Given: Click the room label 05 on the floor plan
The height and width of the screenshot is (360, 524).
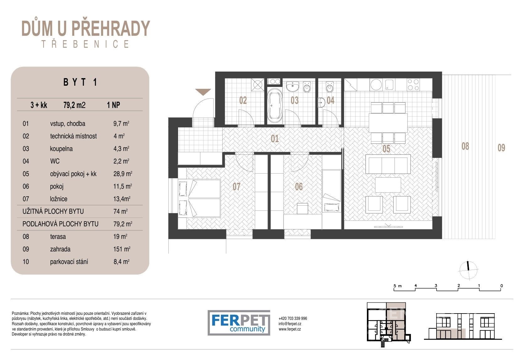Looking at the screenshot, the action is point(386,149).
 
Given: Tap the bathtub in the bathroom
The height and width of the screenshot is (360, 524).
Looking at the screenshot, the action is point(275,105).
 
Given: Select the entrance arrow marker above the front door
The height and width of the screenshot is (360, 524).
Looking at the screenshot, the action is point(203,92).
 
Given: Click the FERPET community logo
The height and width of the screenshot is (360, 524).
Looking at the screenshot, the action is point(239,323).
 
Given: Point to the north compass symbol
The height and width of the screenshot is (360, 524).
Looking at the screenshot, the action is point(468,270).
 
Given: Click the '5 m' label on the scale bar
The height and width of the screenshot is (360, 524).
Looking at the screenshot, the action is point(397,286).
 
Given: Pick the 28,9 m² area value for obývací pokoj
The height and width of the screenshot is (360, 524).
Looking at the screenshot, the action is point(123,174).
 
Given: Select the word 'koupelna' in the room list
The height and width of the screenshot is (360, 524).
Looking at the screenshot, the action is point(61,149).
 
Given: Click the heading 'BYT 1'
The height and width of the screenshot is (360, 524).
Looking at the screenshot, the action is point(80,82).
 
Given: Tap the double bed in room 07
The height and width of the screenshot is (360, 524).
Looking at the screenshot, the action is point(199,198).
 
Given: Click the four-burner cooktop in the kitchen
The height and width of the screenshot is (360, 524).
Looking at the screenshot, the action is point(413,85).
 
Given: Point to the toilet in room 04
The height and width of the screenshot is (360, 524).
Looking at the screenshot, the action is point(330,87).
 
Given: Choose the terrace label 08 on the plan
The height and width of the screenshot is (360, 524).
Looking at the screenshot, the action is point(465,146).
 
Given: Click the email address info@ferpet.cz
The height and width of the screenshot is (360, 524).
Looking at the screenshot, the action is point(290,324).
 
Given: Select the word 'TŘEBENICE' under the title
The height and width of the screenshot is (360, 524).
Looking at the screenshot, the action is point(85,44).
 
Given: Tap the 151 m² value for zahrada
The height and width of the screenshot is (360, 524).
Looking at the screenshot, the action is point(122,249).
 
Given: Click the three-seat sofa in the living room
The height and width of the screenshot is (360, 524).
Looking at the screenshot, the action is point(388,164).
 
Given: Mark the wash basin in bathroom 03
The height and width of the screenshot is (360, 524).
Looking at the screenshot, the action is point(292,87).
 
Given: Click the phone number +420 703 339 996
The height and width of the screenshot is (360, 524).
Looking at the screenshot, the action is point(293,318).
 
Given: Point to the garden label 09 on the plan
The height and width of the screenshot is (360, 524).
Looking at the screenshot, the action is point(501,148).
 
